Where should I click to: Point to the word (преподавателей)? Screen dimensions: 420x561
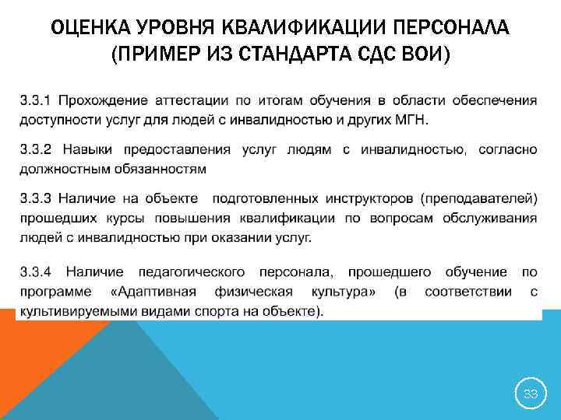point(475,198)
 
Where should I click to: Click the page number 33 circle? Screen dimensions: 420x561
point(531,394)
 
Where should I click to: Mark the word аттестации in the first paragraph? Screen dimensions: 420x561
point(192,100)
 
